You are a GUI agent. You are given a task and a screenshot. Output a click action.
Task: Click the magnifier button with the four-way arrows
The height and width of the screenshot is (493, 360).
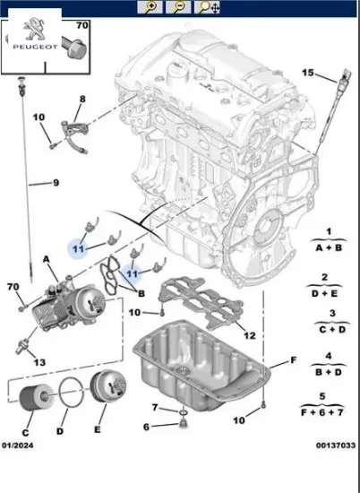[207, 7]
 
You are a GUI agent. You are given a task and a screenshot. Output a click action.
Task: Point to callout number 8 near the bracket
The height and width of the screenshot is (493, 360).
[81, 99]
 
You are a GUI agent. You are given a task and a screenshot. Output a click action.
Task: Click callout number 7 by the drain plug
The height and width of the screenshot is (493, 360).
[154, 408]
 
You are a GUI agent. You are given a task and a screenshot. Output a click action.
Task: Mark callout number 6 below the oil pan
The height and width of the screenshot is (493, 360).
[149, 426]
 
